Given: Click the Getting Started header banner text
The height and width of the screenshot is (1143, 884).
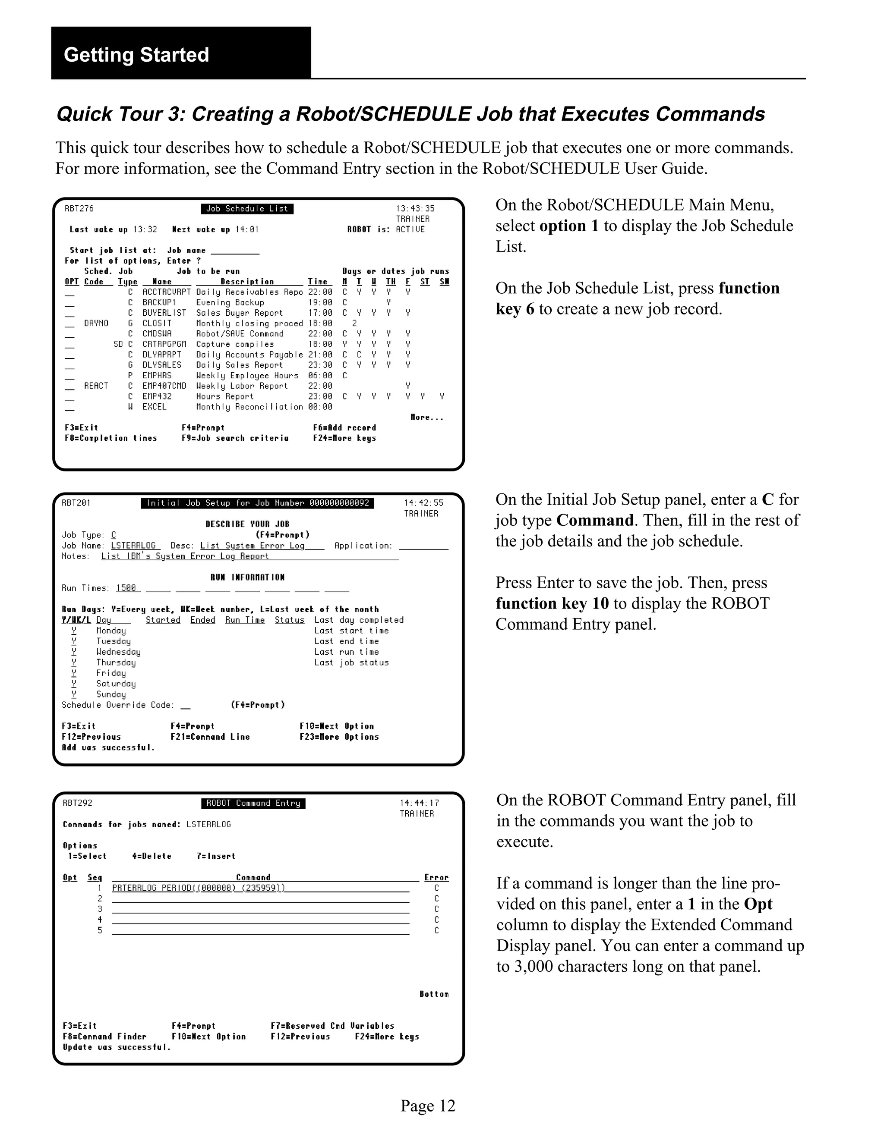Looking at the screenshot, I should point(136,55).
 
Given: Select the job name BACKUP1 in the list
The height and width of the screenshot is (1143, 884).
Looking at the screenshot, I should point(159,302).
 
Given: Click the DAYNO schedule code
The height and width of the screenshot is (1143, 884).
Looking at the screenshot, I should point(96,323).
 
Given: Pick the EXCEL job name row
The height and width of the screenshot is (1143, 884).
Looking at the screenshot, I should point(155,407).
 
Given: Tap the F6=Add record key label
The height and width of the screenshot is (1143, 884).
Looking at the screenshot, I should point(344,427).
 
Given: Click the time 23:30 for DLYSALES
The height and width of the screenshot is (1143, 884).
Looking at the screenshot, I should point(319,365).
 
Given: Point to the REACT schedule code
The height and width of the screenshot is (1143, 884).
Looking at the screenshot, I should point(96,386).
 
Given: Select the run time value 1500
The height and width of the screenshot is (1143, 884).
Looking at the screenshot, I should point(126,588).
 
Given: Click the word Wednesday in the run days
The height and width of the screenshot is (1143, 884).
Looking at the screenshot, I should point(118,652).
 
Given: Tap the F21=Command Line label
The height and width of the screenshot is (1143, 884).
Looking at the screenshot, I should point(210,737).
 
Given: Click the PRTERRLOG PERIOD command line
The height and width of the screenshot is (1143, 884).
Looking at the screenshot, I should point(199,888).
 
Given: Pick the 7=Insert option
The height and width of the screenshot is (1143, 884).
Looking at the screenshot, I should point(216,857).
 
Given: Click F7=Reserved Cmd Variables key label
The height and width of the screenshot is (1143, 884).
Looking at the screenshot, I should point(332,1026).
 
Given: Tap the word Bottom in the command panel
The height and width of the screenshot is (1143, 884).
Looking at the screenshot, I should point(434,994).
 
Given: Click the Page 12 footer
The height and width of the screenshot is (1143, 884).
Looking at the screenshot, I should point(428,1106).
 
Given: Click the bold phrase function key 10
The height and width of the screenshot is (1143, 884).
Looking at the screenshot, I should point(552,603).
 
